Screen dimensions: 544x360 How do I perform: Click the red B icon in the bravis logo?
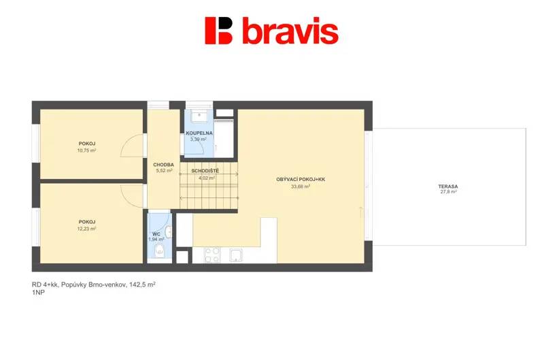pyautogui.click(x=218, y=31)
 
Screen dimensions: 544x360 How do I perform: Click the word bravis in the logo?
pyautogui.click(x=290, y=31)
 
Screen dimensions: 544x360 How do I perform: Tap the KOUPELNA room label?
pyautogui.click(x=199, y=133)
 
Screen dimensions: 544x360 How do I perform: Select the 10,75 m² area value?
pyautogui.click(x=87, y=150)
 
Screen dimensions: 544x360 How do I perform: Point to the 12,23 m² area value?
pyautogui.click(x=87, y=229)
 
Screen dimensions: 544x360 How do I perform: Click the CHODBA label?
pyautogui.click(x=163, y=165)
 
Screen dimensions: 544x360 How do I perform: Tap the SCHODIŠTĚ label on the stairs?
pyautogui.click(x=205, y=171)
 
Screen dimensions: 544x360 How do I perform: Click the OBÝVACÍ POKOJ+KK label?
pyautogui.click(x=301, y=180)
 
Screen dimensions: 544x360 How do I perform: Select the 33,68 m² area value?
pyautogui.click(x=301, y=186)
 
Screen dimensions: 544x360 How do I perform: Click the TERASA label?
pyautogui.click(x=448, y=186)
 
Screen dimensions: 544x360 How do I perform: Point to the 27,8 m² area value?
pyautogui.click(x=448, y=191)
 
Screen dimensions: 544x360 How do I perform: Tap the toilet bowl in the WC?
pyautogui.click(x=160, y=250)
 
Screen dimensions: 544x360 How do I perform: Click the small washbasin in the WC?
pyautogui.click(x=168, y=232)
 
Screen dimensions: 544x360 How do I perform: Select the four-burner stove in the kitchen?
pyautogui.click(x=212, y=255)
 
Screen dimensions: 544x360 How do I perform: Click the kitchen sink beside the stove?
pyautogui.click(x=236, y=255)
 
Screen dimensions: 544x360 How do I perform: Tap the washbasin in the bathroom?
pyautogui.click(x=199, y=116)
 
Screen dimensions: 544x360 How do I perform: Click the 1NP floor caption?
pyautogui.click(x=38, y=293)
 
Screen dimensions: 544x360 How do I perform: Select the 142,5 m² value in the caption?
pyautogui.click(x=142, y=284)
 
